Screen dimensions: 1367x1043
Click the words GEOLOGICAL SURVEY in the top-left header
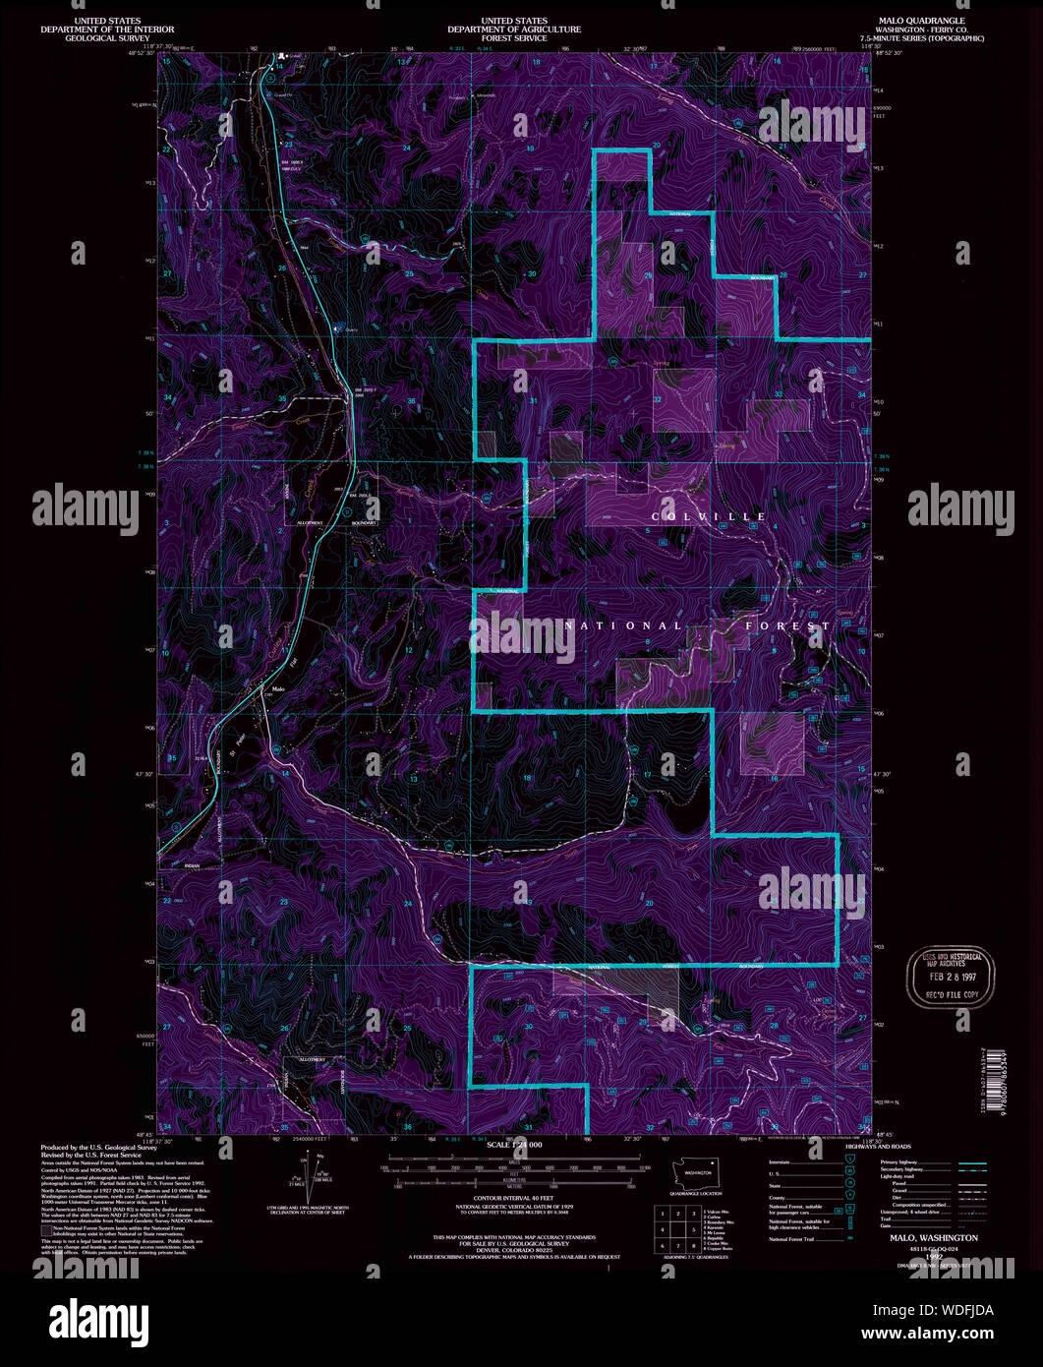(x=107, y=38)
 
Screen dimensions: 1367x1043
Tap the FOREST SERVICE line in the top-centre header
(x=513, y=38)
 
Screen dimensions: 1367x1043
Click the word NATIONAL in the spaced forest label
(x=622, y=625)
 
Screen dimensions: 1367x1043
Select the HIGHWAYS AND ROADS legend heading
(x=878, y=1147)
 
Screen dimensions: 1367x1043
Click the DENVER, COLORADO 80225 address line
(x=513, y=1249)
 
